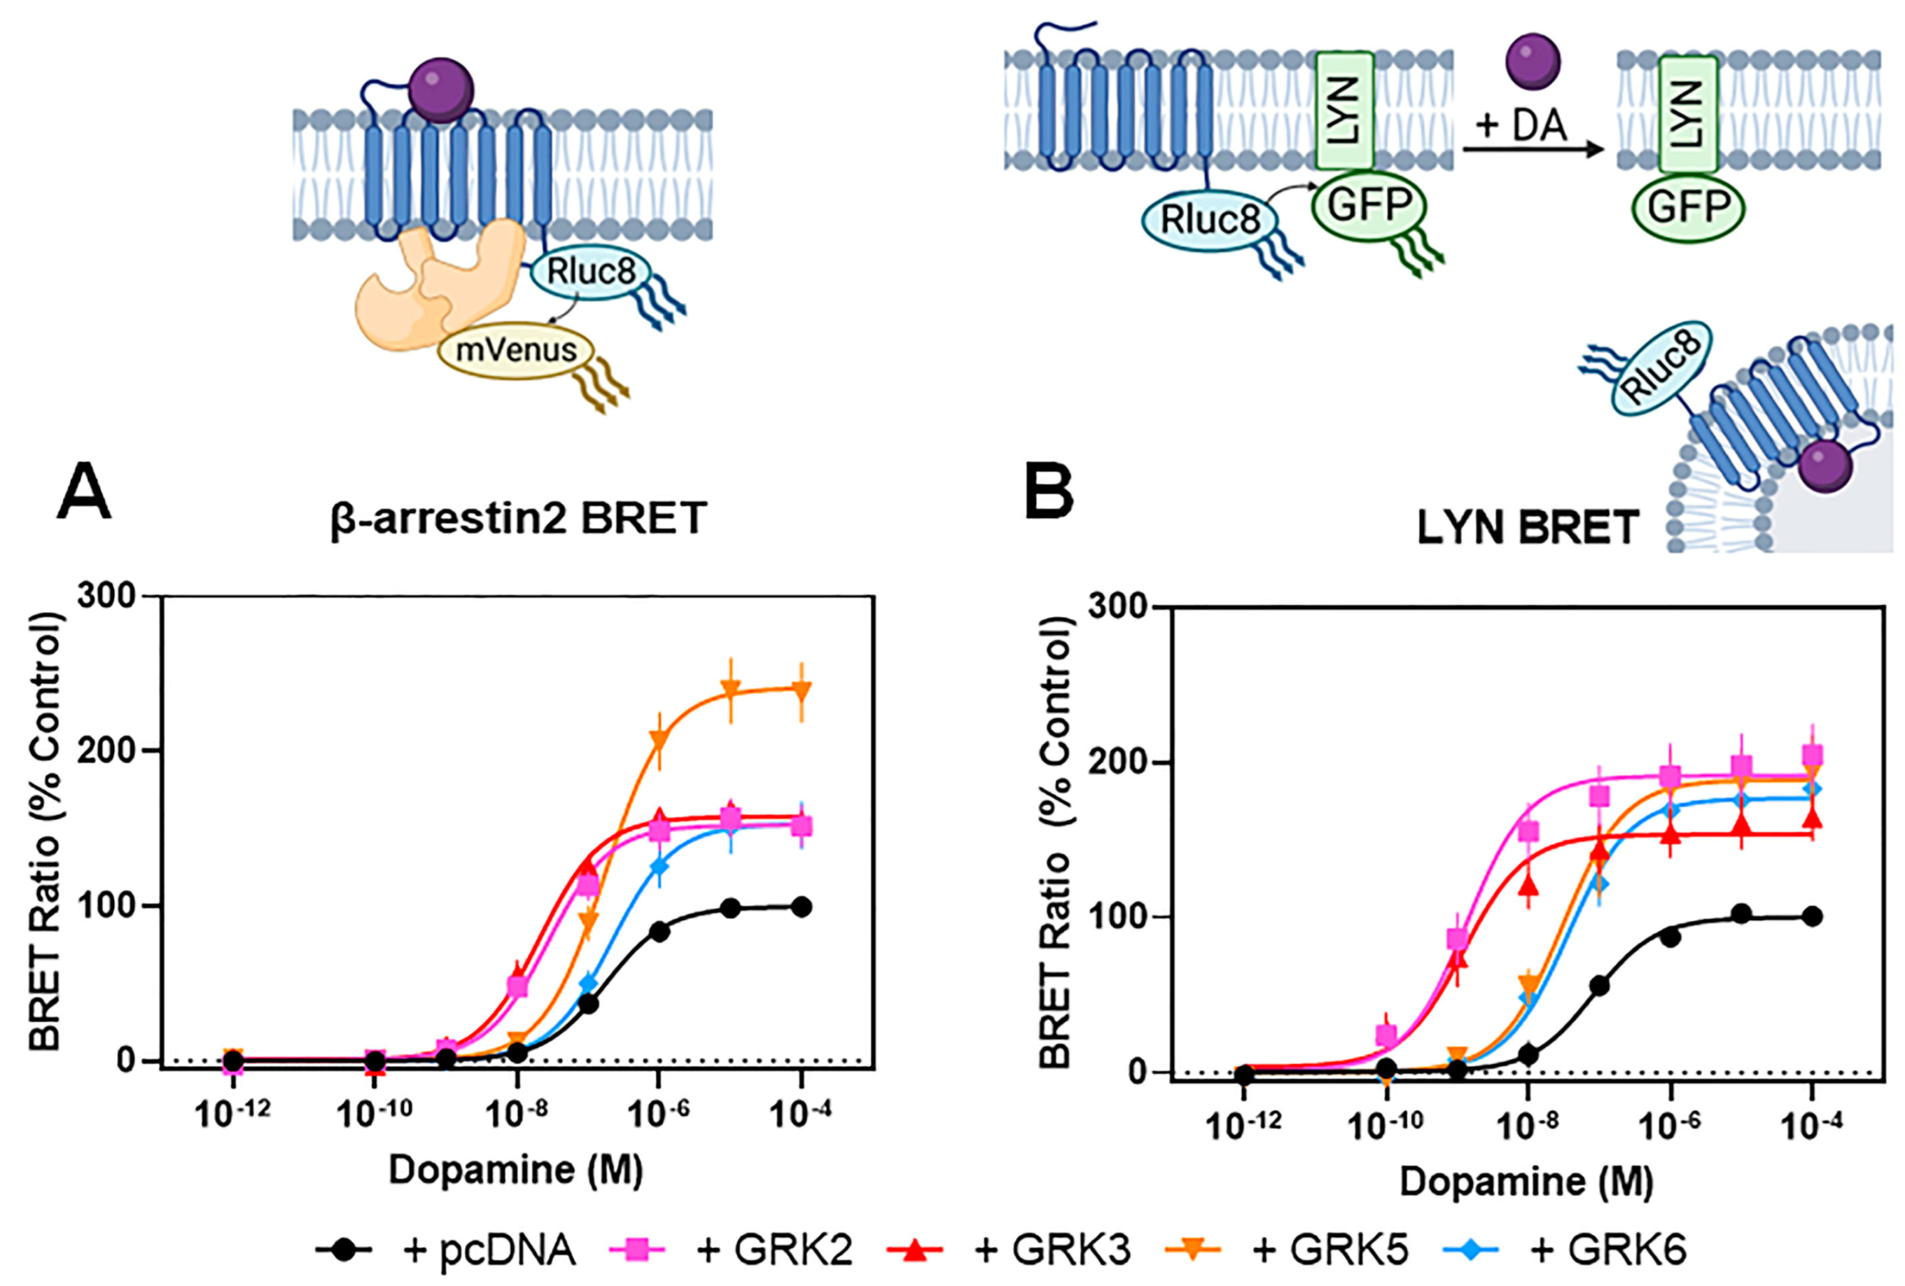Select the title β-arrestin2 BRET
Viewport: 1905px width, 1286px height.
(x=518, y=518)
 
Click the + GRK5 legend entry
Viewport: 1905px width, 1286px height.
(x=1287, y=1250)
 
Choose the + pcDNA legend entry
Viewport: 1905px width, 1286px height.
(x=447, y=1250)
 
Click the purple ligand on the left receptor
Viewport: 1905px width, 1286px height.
(x=442, y=90)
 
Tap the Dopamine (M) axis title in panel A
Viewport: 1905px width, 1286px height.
(x=515, y=1170)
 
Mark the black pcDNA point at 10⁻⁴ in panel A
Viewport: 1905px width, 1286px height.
(x=802, y=907)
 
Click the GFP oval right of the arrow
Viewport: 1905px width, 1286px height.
(x=1689, y=207)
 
